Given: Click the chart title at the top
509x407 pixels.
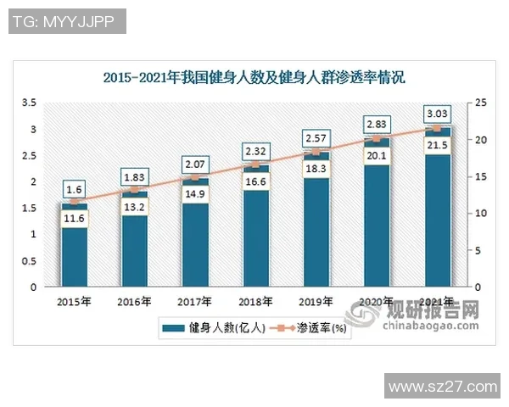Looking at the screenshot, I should [254, 78].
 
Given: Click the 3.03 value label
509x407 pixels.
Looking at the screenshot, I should [438, 113].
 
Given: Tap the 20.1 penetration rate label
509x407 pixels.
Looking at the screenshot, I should [377, 155].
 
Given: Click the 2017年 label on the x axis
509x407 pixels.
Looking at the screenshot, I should [195, 301].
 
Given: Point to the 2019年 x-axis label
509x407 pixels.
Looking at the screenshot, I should [316, 301].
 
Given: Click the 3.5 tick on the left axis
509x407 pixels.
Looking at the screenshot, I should [29, 103].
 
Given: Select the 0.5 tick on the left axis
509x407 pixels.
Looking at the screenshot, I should [29, 261].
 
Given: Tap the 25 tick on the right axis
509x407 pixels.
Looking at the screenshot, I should [481, 103].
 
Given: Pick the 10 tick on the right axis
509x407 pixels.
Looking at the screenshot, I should [481, 214].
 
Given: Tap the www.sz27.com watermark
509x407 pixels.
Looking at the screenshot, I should [441, 387].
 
